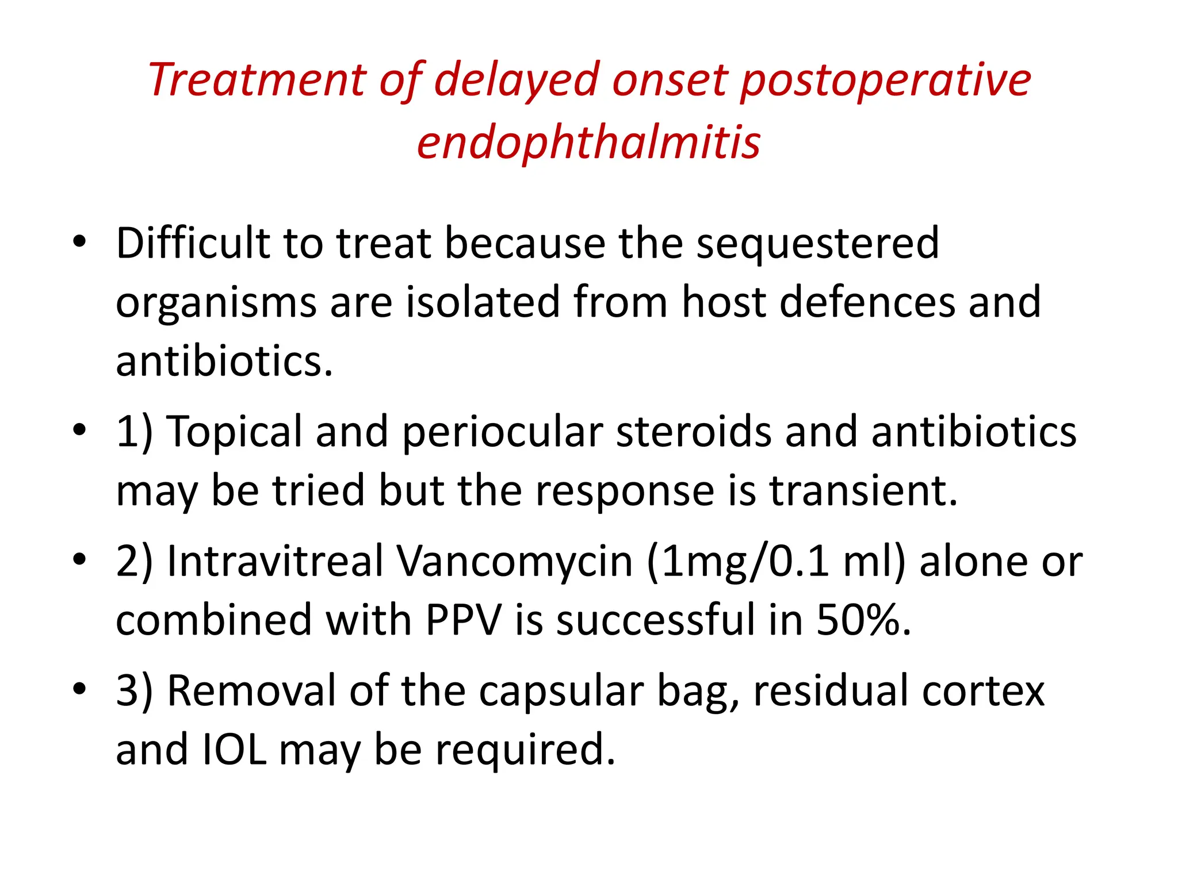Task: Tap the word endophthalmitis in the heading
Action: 588,142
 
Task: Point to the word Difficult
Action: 193,243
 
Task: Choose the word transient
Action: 863,490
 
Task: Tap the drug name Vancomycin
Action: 515,562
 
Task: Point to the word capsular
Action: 561,691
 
